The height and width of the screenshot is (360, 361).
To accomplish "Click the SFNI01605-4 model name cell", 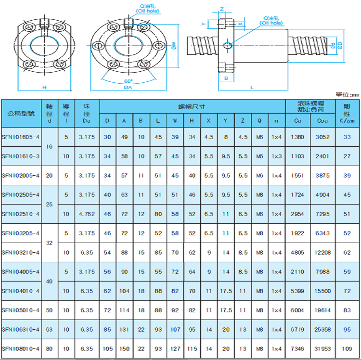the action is point(21,137).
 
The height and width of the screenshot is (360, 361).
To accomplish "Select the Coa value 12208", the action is point(322,253).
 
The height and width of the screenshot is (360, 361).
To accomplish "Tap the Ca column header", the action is point(297,121).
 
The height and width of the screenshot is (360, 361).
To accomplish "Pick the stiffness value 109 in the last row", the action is point(347,349).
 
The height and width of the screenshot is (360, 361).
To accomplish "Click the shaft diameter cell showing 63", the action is point(49,329).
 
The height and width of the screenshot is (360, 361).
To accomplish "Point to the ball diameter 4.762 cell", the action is point(87,214).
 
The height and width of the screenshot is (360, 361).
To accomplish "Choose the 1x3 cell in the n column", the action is point(276,156).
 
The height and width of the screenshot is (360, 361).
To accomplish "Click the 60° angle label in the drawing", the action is point(129,81).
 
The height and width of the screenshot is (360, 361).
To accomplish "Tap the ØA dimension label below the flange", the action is point(128,88).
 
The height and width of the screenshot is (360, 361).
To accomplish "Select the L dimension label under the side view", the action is point(252,88).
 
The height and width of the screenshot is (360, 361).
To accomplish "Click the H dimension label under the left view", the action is point(44,87).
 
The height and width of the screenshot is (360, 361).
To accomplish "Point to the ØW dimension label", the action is point(174,46).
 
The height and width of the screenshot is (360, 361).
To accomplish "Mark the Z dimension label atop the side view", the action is point(222,9).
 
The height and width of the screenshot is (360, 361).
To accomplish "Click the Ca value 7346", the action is point(297,349).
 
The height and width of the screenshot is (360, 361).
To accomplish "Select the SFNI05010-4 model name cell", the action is point(21,310).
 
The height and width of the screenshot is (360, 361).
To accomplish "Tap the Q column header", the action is point(259,121).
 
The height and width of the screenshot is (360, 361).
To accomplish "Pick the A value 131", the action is point(124,329).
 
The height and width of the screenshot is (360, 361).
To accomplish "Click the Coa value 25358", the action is point(322,329).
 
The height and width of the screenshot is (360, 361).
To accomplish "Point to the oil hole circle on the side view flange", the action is point(228,46).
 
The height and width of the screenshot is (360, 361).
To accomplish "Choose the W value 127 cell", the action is point(175,349).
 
